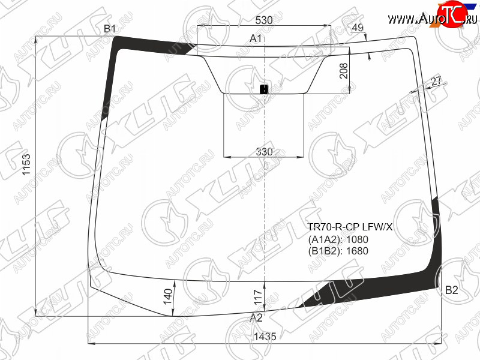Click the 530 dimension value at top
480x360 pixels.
tap(264, 20)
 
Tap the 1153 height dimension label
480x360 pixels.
tap(26, 164)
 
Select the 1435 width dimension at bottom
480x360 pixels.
tap(265, 337)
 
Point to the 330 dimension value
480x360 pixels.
tap(264, 152)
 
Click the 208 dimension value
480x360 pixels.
tap(344, 71)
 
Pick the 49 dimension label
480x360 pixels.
tap(358, 28)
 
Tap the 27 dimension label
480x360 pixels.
tap(436, 82)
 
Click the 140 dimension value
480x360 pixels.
tap(168, 296)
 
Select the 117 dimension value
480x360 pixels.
tap(259, 297)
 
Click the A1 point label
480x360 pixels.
tap(256, 38)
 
